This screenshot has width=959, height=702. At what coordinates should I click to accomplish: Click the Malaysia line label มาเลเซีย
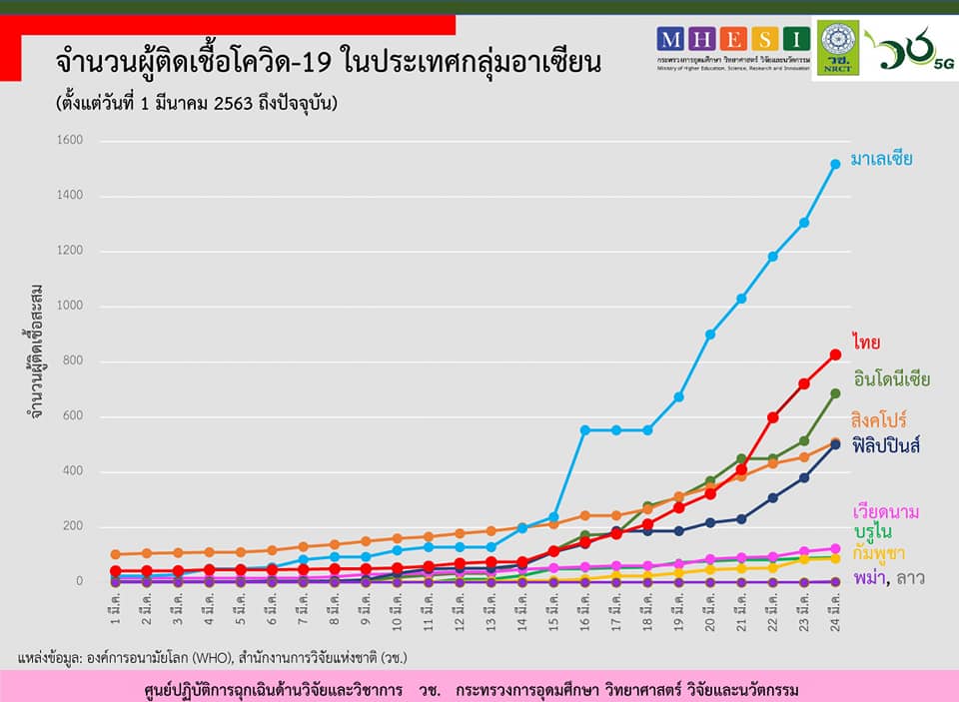[881, 159]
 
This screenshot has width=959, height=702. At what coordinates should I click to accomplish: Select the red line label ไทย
[865, 344]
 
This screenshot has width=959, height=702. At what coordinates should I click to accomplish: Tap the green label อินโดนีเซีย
[892, 379]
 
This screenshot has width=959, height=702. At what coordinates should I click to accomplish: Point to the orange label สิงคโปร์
[879, 418]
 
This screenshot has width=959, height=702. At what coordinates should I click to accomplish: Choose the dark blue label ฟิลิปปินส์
[887, 446]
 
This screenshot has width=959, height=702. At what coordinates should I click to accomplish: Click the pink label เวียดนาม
[885, 511]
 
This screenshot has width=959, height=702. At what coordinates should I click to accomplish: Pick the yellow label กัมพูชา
[879, 552]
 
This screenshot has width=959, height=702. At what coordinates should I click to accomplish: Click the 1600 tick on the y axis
[71, 142]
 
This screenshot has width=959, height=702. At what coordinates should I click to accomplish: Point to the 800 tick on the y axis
[75, 361]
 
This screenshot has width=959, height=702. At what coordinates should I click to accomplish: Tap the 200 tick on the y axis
[75, 526]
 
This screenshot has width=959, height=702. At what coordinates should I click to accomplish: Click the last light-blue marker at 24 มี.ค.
[835, 164]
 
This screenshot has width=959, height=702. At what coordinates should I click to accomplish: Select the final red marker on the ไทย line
[835, 354]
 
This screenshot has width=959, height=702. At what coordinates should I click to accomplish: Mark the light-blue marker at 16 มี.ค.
[585, 430]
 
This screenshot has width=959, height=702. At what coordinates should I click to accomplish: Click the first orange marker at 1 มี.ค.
[115, 554]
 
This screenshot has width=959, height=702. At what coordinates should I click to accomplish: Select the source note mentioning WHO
[213, 658]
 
